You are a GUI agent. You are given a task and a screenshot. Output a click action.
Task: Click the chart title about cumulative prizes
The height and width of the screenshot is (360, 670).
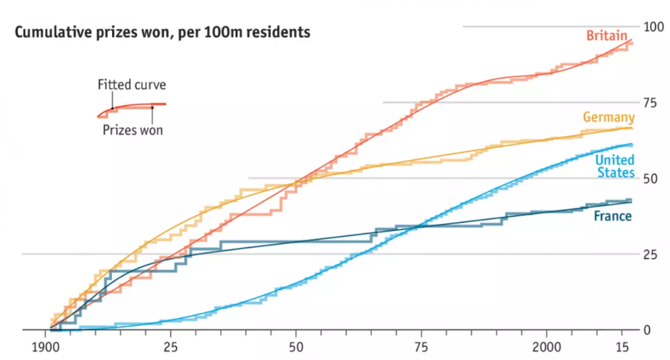coord(162,33)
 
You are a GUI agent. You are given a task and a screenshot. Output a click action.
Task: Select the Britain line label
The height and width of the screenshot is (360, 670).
coord(607,36)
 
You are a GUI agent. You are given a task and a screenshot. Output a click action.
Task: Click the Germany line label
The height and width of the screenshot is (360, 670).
coord(608,117)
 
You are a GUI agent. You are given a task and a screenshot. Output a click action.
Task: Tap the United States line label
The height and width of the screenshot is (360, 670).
coord(614,167)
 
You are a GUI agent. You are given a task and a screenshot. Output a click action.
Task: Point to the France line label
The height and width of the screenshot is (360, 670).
coord(613,216)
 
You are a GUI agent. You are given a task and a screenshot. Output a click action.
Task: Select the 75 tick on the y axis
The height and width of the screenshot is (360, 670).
coord(649,103)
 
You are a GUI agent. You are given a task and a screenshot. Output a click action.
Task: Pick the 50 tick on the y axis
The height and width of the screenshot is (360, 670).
coord(649,178)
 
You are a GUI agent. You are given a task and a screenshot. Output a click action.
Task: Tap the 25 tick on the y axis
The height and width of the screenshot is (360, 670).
coord(649,254)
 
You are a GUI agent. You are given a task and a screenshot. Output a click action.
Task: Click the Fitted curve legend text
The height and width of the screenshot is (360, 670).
coord(132,85)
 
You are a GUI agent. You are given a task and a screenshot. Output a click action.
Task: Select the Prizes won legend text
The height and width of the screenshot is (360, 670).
coord(133,131)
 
